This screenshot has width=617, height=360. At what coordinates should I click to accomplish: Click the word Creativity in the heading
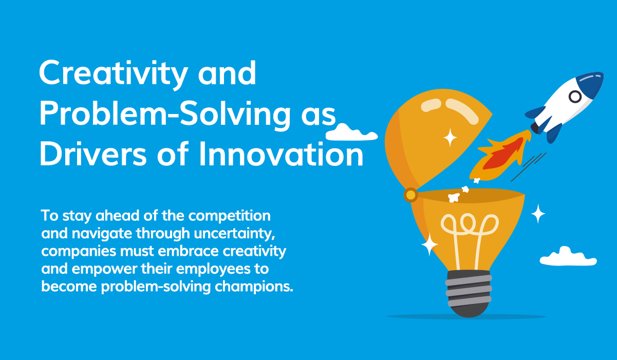113,74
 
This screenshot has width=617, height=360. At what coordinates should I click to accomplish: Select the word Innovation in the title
282,154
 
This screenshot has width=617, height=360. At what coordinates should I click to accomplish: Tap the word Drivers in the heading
93,154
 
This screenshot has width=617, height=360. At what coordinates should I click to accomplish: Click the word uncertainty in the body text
234,234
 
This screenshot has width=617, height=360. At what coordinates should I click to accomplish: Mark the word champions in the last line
254,287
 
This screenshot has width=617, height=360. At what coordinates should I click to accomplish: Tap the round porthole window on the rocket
575,97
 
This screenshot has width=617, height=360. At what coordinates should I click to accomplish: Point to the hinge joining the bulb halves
410,195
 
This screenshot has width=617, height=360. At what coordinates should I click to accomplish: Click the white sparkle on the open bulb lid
450,137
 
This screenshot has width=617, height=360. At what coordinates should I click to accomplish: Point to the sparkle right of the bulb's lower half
538,214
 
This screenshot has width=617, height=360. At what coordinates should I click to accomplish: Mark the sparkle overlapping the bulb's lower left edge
429,244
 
